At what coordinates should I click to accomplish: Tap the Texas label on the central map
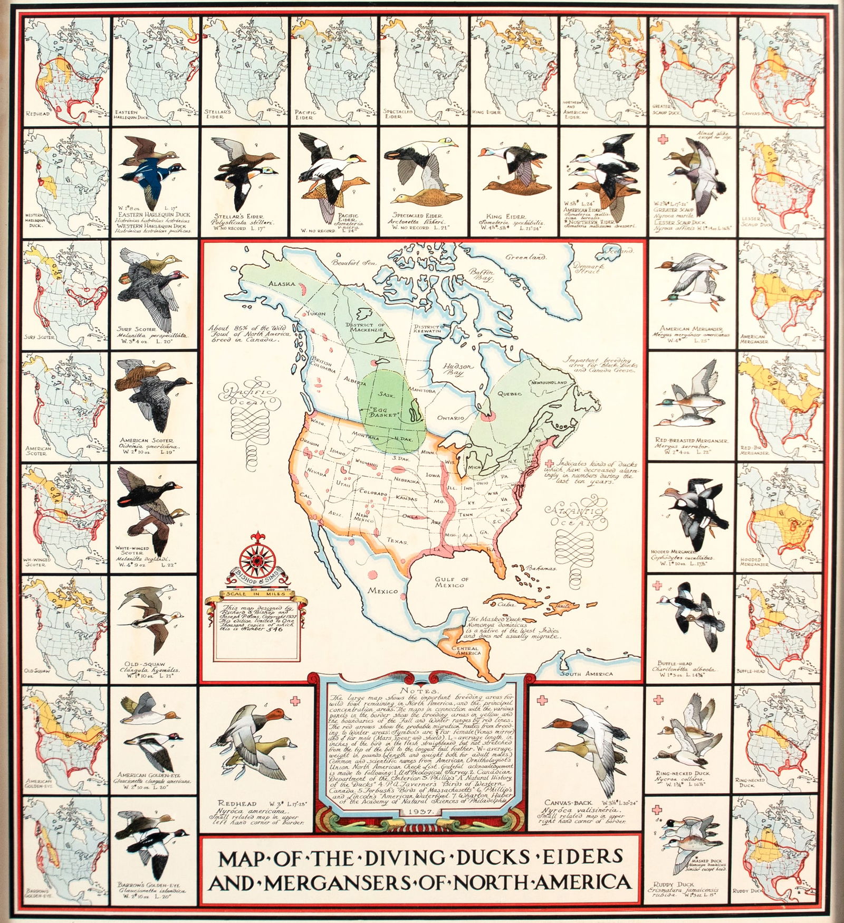coord(397,540)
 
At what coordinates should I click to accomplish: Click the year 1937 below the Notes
coord(420,824)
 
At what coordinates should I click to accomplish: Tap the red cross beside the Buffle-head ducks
coord(657,586)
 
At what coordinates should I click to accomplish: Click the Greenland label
coord(526,257)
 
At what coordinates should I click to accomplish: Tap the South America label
coord(587,674)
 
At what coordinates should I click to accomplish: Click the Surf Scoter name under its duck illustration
coord(137,329)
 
